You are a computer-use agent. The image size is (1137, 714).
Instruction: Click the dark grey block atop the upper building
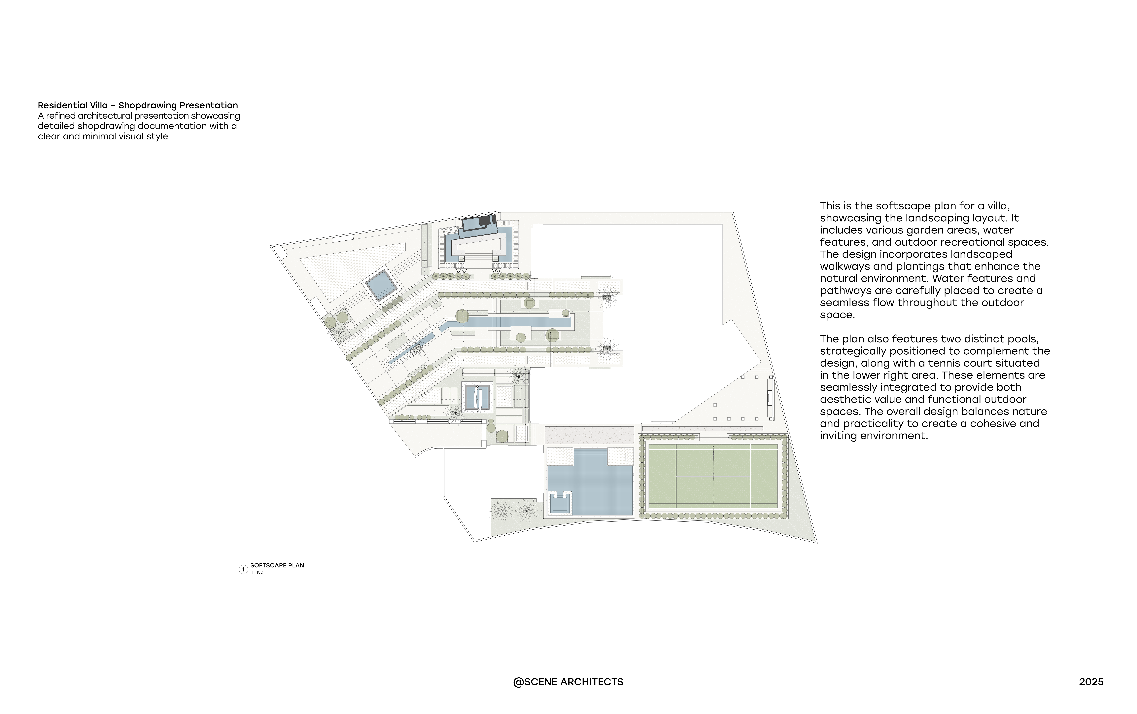point(485,221)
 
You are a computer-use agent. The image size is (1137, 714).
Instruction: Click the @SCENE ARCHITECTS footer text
point(568,682)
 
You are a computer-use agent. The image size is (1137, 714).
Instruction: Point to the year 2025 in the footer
point(1091,682)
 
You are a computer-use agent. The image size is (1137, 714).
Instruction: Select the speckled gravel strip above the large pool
point(589,435)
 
